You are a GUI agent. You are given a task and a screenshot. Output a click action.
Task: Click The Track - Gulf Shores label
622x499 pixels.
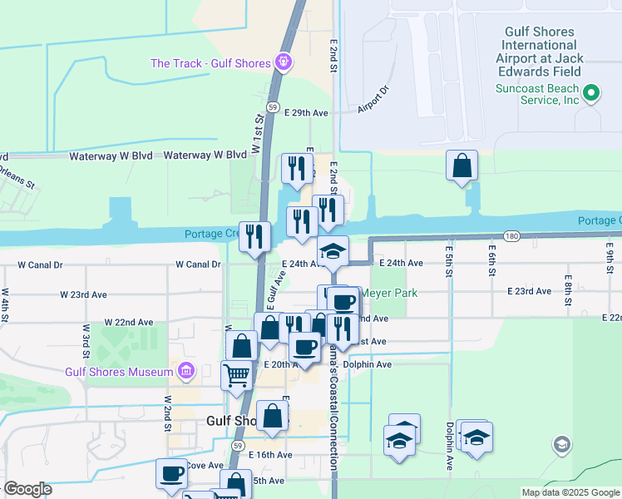(x=210, y=63)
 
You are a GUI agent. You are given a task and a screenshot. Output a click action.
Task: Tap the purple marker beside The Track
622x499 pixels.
(x=284, y=62)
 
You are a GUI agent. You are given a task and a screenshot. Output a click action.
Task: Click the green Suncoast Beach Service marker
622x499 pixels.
(x=591, y=92)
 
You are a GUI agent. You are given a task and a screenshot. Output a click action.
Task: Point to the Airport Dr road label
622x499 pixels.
(x=373, y=101)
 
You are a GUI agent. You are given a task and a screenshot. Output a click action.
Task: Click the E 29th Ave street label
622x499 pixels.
(x=307, y=112)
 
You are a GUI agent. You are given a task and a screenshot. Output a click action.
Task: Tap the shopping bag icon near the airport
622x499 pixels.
(x=462, y=166)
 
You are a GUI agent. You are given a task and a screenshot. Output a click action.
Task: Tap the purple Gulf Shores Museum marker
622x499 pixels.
(x=185, y=369)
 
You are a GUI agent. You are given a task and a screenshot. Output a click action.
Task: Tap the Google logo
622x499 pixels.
(x=27, y=489)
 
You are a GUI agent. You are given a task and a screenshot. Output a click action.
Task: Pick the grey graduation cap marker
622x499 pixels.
(x=561, y=445)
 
